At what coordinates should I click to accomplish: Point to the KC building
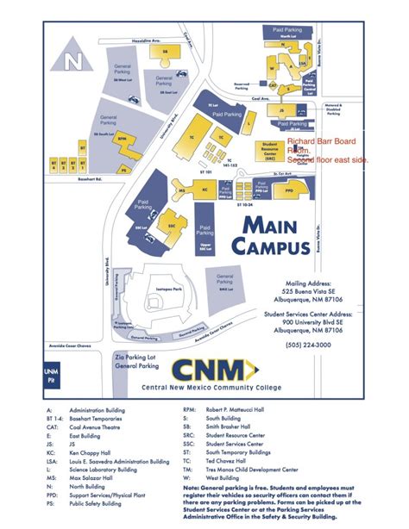coord(205,190)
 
